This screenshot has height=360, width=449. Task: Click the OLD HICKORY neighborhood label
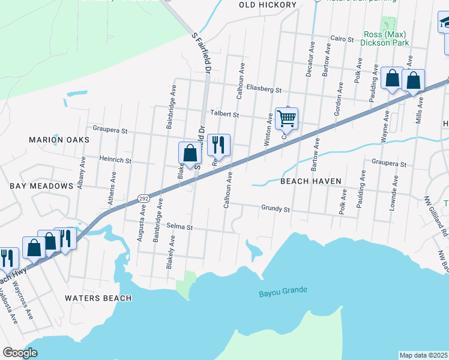click(268, 5)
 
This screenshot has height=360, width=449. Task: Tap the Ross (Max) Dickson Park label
click(385, 38)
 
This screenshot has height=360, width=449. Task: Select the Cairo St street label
click(342, 38)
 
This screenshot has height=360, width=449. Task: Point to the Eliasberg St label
click(263, 90)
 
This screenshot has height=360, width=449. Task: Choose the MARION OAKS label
click(59, 140)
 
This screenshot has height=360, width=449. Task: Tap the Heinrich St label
click(115, 161)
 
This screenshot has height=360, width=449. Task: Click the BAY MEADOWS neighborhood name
click(41, 186)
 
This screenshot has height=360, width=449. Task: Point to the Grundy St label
click(276, 209)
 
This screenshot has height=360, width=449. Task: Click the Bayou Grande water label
click(283, 292)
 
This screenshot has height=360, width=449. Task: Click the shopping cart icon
click(286, 119)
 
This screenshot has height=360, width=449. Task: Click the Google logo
click(20, 353)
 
